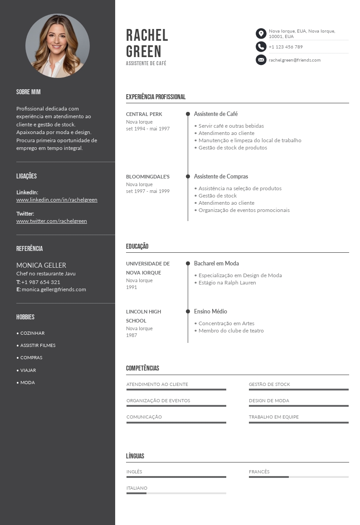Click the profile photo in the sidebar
[x=58, y=46]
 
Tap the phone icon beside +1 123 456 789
[x=261, y=47]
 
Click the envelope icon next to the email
[x=261, y=60]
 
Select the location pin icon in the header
[x=261, y=34]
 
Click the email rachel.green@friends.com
[x=294, y=60]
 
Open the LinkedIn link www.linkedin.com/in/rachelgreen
[x=57, y=200]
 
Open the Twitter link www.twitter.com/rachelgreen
[x=52, y=221]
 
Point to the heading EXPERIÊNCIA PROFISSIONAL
[x=156, y=97]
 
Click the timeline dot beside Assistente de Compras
[x=188, y=176]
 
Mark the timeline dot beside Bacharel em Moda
[x=188, y=263]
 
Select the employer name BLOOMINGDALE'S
[x=148, y=177]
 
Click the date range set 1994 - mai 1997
[x=148, y=129]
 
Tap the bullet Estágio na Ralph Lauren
[x=227, y=283]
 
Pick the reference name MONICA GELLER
[x=41, y=265]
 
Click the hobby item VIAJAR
[x=28, y=370]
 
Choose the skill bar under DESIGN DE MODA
[x=298, y=406]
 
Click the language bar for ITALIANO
[x=176, y=493]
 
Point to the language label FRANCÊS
[x=259, y=472]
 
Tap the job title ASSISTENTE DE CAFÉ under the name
[x=146, y=63]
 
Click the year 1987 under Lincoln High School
[x=131, y=335]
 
